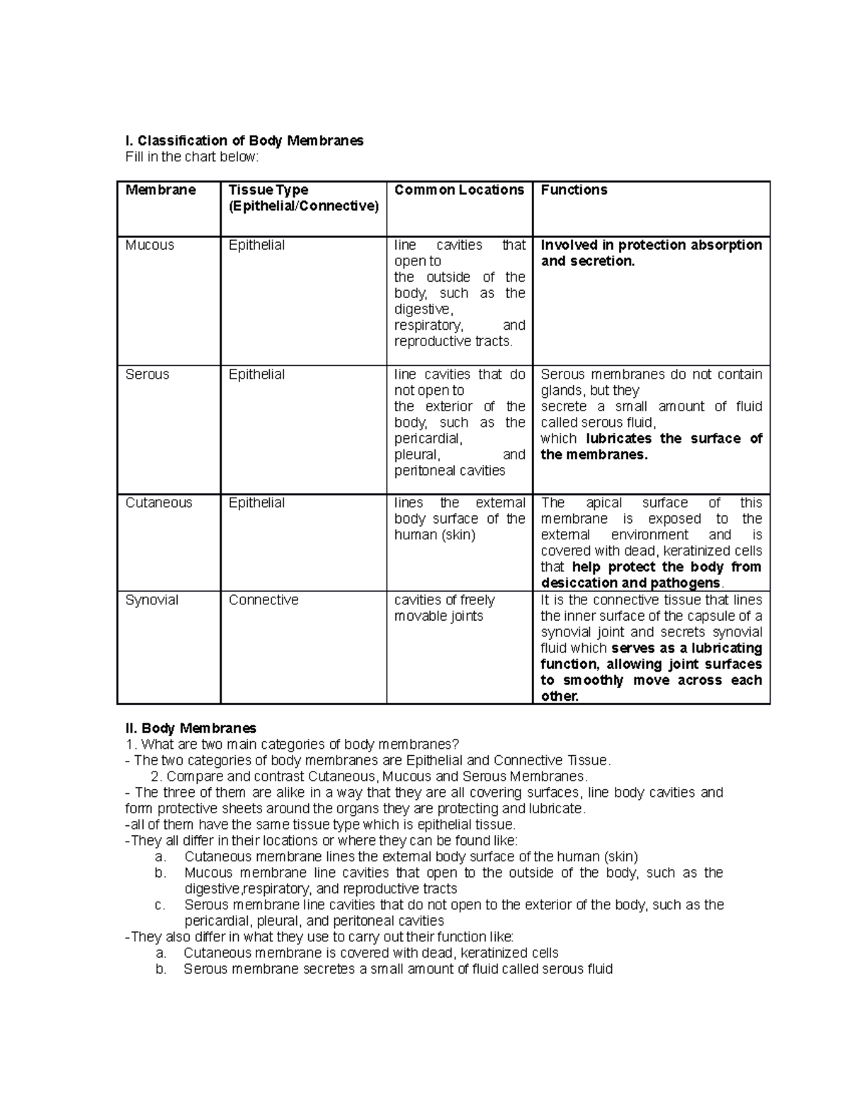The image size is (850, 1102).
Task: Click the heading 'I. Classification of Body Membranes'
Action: click(244, 141)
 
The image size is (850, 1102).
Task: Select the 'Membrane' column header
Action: click(160, 190)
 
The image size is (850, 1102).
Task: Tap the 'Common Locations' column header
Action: click(459, 190)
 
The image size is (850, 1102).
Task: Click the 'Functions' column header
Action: click(574, 190)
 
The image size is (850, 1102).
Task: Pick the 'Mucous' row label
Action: click(149, 245)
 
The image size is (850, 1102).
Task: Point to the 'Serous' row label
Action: click(147, 374)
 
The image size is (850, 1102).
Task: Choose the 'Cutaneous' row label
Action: click(159, 503)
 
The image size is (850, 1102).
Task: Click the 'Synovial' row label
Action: click(152, 600)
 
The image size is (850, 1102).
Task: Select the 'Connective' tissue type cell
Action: click(263, 600)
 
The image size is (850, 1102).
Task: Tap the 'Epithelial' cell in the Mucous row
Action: click(256, 245)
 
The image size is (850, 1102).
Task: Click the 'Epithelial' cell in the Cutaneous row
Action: click(256, 503)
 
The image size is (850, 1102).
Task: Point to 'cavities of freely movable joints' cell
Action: click(444, 608)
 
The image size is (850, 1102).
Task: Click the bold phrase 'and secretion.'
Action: click(588, 261)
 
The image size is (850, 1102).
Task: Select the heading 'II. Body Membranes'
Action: click(191, 728)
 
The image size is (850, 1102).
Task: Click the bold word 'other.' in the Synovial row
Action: click(560, 696)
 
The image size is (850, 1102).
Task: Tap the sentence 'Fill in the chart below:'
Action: click(192, 157)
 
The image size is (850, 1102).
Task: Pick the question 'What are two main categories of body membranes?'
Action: click(300, 745)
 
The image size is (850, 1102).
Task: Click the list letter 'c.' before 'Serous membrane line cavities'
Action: click(160, 905)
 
